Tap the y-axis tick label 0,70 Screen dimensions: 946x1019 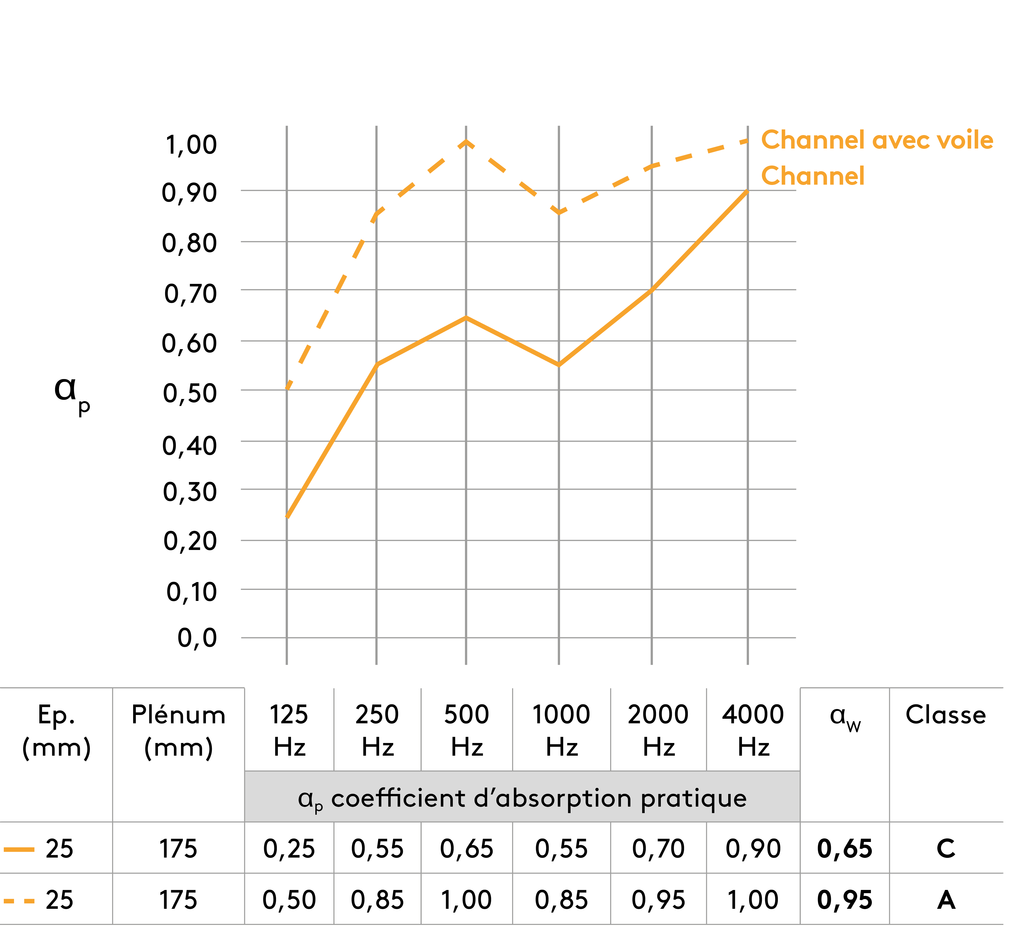pos(190,294)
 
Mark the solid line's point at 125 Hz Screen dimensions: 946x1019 pos(287,517)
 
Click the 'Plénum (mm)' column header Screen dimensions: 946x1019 pos(178,731)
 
